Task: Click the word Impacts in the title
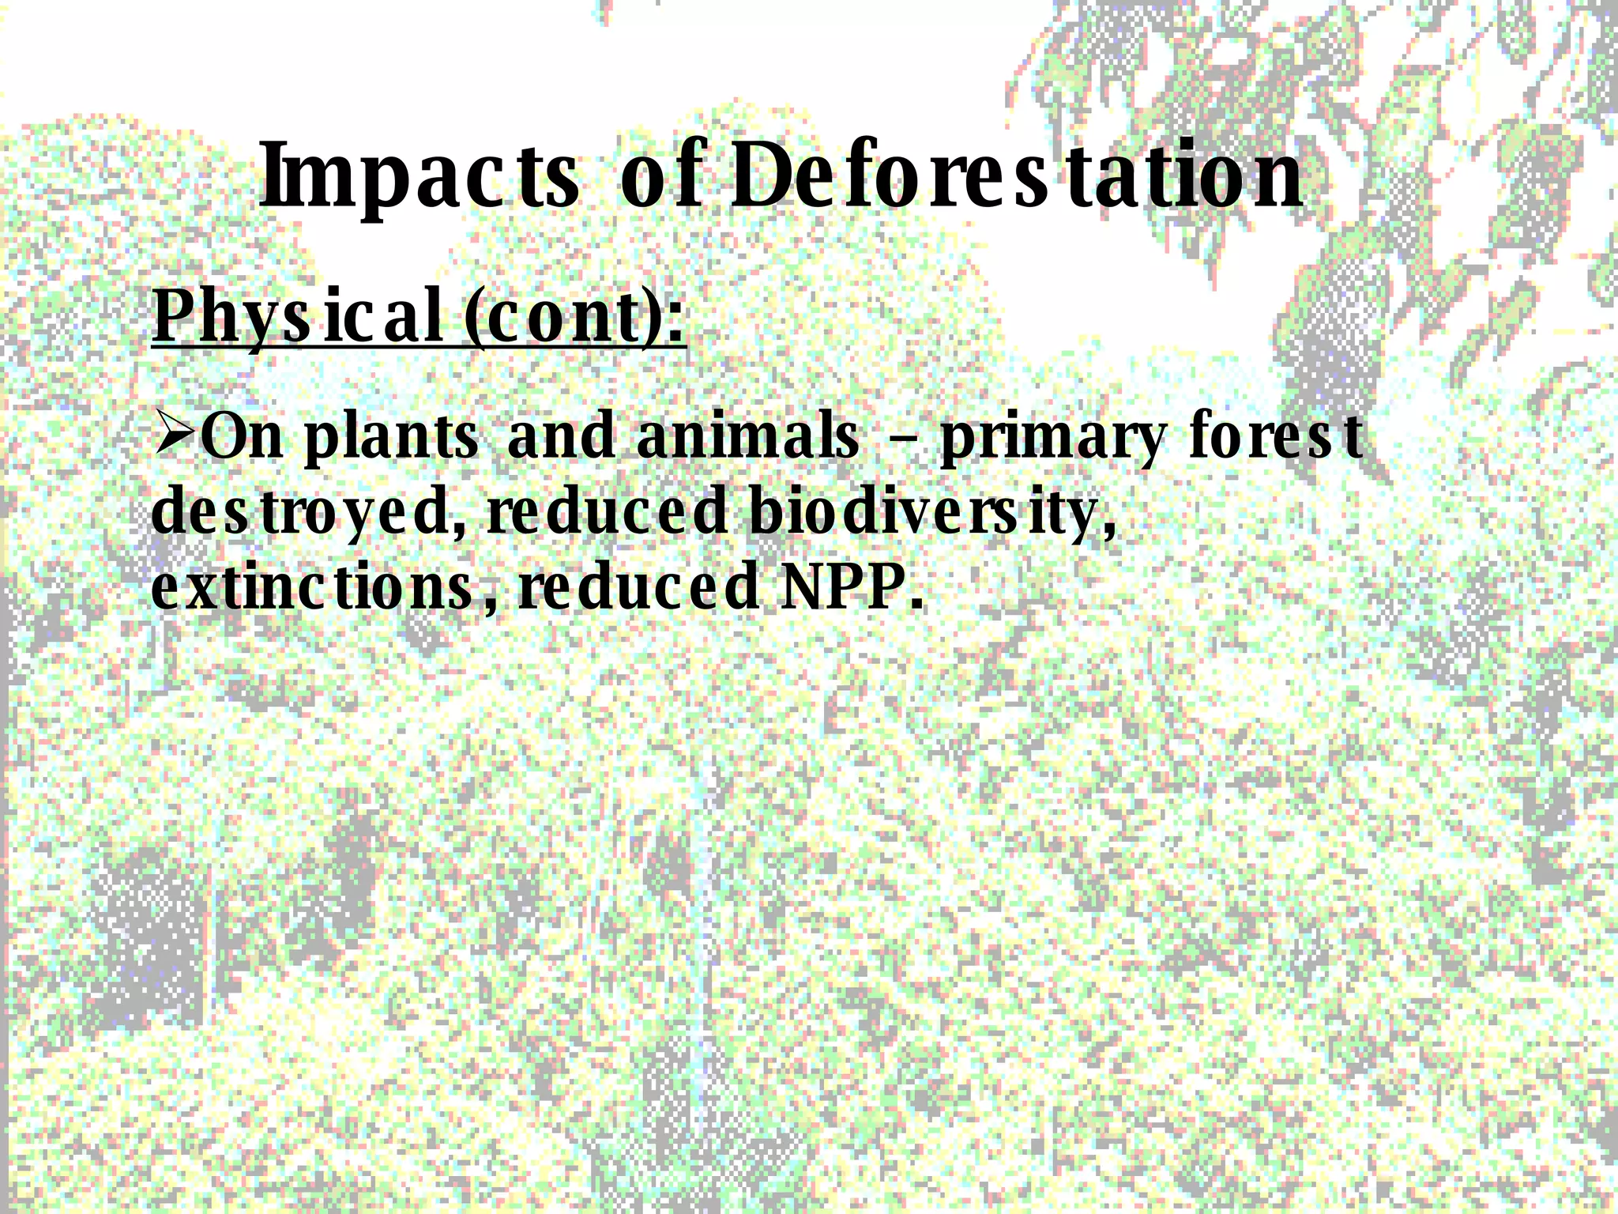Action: click(x=419, y=178)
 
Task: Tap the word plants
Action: click(x=391, y=439)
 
